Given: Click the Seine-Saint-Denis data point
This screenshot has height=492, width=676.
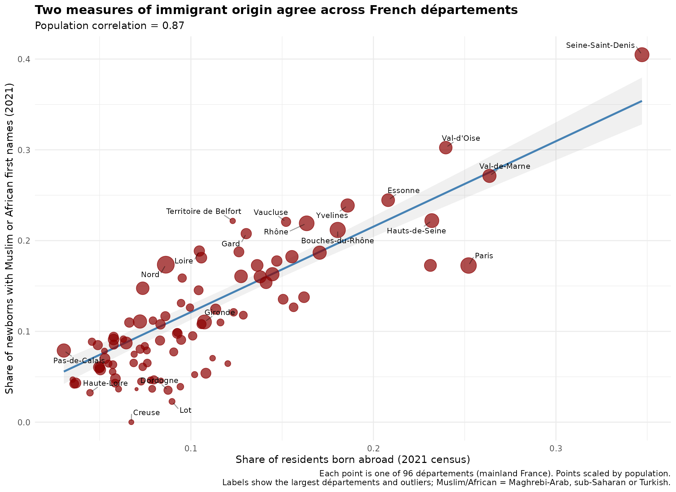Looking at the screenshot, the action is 642,55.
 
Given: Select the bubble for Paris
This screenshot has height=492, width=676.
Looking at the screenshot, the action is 468,265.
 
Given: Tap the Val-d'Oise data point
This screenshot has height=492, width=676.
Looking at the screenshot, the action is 446,148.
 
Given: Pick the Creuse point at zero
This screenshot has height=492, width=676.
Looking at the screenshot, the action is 131,422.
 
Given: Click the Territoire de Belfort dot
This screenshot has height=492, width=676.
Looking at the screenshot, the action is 233,221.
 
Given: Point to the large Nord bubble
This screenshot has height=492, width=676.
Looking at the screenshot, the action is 166,264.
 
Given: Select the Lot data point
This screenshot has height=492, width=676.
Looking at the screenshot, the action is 172,401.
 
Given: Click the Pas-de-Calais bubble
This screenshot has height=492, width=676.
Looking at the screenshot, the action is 64,350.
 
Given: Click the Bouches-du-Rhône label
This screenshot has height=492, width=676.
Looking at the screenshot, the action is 337,241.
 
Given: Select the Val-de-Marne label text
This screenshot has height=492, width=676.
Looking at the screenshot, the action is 505,166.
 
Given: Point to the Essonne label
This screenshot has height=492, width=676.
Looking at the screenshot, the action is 404,191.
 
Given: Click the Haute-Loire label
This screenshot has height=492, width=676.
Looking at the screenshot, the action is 105,383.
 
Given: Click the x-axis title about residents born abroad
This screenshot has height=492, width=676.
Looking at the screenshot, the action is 353,460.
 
